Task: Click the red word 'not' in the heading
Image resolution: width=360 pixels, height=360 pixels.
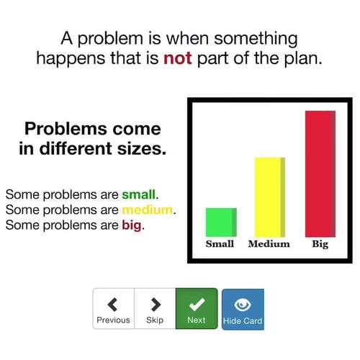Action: pyautogui.click(x=177, y=58)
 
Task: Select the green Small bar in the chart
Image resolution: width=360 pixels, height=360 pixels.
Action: pyautogui.click(x=221, y=222)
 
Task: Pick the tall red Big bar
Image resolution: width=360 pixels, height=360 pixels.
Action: pyautogui.click(x=320, y=173)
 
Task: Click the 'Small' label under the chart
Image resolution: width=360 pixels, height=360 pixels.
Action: pyautogui.click(x=220, y=244)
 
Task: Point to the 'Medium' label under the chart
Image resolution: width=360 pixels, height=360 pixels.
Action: pyautogui.click(x=269, y=244)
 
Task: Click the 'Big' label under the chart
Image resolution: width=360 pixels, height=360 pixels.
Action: pyautogui.click(x=320, y=244)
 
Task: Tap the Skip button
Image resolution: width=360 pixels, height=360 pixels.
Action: pyautogui.click(x=155, y=309)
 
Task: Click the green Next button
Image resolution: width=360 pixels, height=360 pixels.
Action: pyautogui.click(x=196, y=308)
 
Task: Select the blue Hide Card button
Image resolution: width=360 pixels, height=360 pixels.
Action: pyautogui.click(x=243, y=309)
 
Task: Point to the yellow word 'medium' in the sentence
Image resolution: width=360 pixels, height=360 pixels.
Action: pyautogui.click(x=148, y=210)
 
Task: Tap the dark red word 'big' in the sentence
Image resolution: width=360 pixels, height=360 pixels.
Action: pyautogui.click(x=132, y=225)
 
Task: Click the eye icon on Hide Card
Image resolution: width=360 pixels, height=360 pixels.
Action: pyautogui.click(x=243, y=303)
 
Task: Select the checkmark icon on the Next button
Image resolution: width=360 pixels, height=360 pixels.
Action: pyautogui.click(x=196, y=302)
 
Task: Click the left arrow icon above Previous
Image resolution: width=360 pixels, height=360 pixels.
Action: pyautogui.click(x=113, y=303)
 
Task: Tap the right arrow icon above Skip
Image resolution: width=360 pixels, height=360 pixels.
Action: pyautogui.click(x=155, y=303)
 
